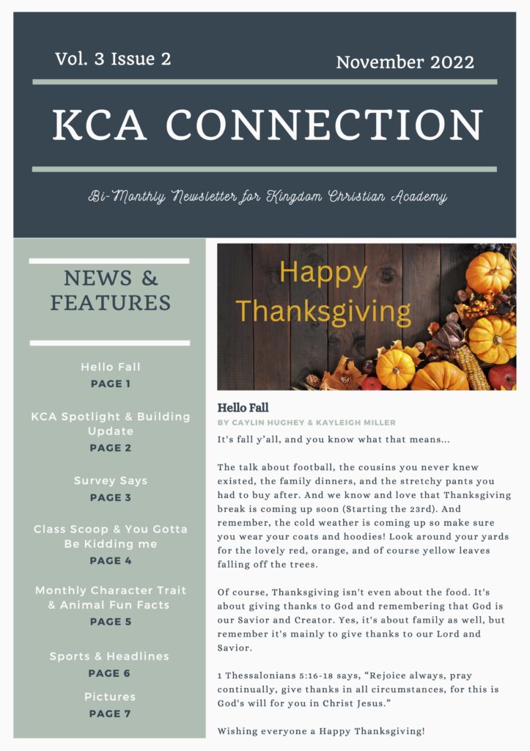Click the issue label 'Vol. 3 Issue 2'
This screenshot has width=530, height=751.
point(113,59)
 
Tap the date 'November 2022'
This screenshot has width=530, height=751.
point(405,62)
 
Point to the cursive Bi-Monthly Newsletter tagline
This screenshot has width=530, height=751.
point(268,197)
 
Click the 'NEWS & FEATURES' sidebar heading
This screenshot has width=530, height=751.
point(110,290)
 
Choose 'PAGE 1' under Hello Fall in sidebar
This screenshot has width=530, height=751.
point(110,384)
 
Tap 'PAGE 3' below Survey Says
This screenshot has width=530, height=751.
point(110,497)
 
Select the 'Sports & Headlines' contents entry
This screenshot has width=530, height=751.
point(109,656)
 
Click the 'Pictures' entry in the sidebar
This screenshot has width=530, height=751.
point(110,697)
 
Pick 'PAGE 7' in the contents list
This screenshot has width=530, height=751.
point(110,713)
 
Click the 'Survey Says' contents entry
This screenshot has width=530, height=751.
point(110,481)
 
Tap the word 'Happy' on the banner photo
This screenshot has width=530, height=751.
point(323,273)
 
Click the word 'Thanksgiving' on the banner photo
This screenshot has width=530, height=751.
point(323,311)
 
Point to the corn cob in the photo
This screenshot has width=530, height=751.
point(474,367)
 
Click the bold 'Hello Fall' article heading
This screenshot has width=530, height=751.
point(243,407)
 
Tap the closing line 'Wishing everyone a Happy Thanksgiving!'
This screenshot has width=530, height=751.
point(321,731)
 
